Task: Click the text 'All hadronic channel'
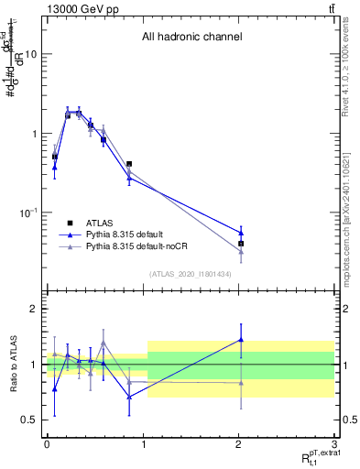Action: [x=191, y=38]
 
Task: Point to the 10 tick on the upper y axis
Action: [x=31, y=54]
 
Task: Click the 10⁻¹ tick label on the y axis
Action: [x=28, y=213]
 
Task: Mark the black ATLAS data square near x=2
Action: [x=241, y=244]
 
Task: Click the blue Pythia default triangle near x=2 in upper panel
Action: [x=241, y=233]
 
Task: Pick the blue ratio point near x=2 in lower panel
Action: [x=241, y=340]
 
